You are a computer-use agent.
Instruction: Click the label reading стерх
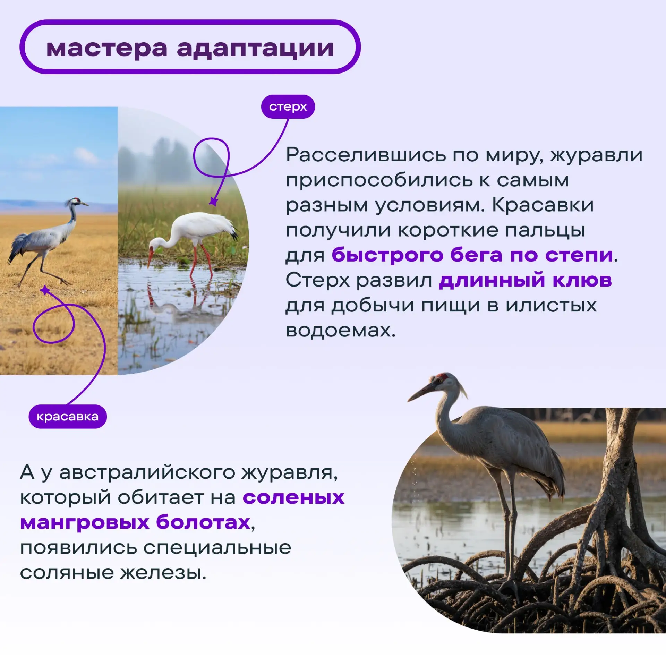(288, 107)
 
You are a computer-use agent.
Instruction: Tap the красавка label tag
(68, 417)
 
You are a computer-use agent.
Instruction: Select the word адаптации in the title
(255, 49)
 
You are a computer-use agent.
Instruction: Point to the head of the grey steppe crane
(76, 201)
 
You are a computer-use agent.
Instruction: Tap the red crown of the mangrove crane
(442, 376)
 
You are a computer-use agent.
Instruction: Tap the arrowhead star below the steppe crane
(45, 290)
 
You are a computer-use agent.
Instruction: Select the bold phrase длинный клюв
(526, 280)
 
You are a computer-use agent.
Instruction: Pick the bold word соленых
(293, 498)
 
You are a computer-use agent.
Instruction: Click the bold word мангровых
(85, 523)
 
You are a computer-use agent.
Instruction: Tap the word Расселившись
(366, 155)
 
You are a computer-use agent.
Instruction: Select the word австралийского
(147, 472)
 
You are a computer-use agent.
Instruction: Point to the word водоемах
(341, 331)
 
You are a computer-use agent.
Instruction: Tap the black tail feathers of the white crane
(234, 233)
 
